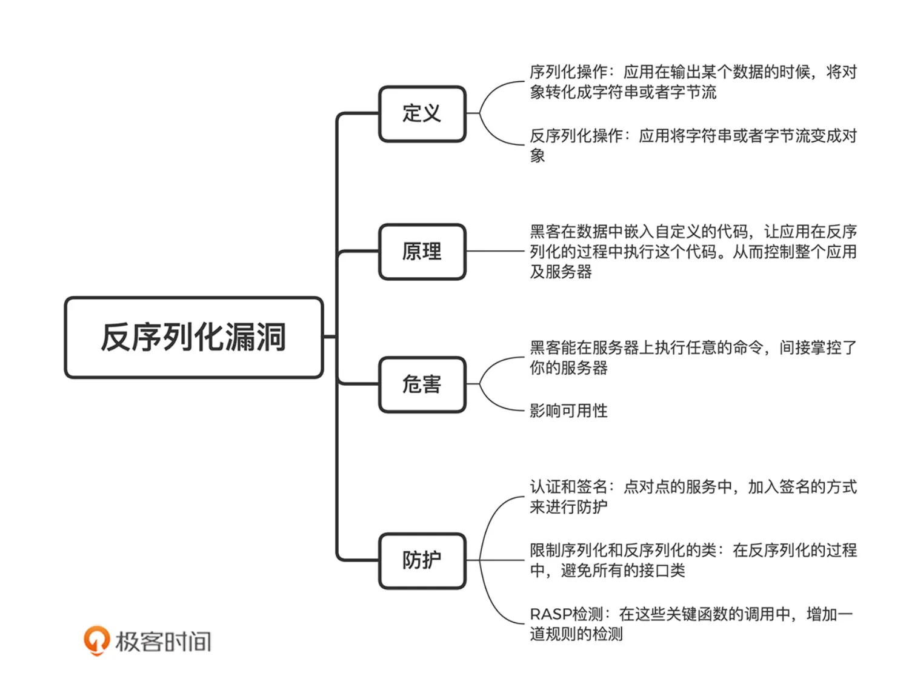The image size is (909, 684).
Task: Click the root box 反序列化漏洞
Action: [193, 337]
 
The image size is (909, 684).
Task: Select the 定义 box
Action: [422, 113]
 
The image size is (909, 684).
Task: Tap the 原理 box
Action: [422, 251]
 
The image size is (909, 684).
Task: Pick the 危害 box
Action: [422, 384]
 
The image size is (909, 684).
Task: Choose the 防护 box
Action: [422, 560]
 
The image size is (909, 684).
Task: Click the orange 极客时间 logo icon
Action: [96, 640]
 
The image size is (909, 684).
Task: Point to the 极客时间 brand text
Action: [164, 642]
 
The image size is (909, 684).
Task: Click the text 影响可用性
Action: [568, 411]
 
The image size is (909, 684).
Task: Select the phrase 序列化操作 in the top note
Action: [568, 72]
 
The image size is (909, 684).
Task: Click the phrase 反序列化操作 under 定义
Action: [576, 136]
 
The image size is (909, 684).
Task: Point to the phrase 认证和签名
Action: [568, 487]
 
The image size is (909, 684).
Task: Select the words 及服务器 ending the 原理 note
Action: [561, 272]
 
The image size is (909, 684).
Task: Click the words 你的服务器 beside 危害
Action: [568, 368]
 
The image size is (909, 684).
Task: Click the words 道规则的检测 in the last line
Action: [576, 634]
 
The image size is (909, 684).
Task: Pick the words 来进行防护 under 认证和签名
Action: [568, 507]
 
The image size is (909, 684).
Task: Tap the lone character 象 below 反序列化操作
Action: [538, 156]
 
